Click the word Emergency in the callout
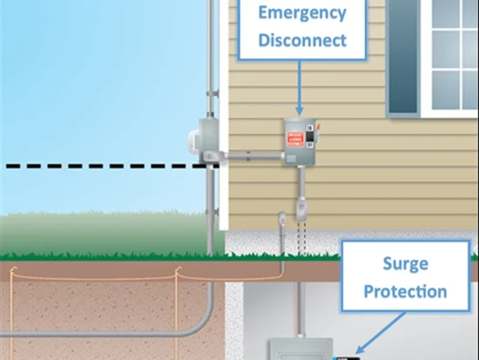[x=302, y=13]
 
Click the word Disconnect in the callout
[x=302, y=40]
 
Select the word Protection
[x=405, y=291]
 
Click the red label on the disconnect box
[x=295, y=139]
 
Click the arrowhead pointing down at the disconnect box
[x=299, y=111]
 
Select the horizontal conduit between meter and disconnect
[x=254, y=155]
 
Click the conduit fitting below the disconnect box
[x=301, y=211]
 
